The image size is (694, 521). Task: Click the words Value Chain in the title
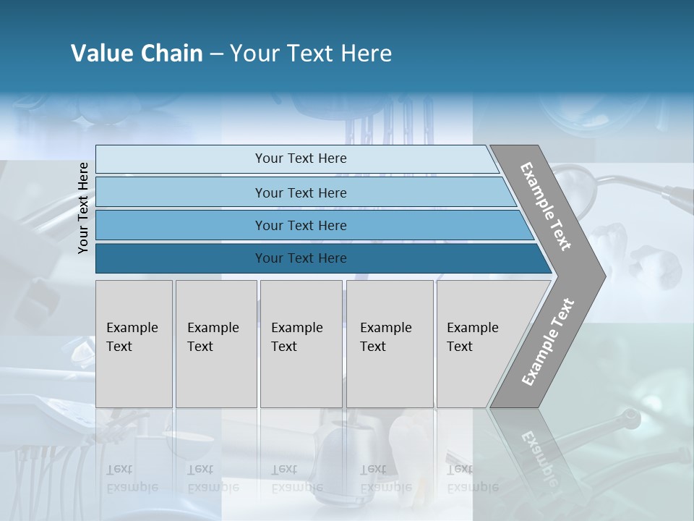137,54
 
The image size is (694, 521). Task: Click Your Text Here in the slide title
311,54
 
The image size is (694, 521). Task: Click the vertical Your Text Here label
83,208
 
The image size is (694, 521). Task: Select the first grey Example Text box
134,344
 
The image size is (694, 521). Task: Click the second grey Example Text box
216,344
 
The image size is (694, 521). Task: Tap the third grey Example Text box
301,344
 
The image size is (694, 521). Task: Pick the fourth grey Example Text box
390,344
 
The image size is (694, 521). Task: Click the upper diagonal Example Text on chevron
546,206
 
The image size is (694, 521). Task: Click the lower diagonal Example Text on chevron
548,342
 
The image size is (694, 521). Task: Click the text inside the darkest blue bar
301,258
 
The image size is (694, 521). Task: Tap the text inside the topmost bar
301,158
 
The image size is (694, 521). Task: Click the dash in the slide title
216,54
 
